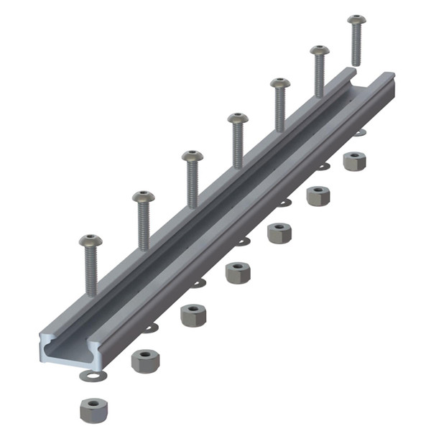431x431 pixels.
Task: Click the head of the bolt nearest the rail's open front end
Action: pos(91,241)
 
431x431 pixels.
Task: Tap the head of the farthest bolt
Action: pos(356,19)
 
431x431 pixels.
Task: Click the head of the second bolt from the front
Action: pos(142,196)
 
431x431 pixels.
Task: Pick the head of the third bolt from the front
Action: pos(192,156)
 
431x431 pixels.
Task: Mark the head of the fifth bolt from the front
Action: pos(279,83)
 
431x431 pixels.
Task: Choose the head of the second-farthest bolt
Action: pos(320,51)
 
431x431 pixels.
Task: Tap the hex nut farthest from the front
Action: pos(354,160)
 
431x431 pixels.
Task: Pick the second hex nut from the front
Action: pos(145,360)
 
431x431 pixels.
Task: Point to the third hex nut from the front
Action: pos(193,315)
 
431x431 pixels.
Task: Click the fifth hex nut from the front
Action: pos(279,232)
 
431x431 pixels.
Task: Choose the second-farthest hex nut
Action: pos(318,195)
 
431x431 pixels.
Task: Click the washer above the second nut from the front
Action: pos(149,328)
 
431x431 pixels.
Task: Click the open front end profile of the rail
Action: pos(61,352)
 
